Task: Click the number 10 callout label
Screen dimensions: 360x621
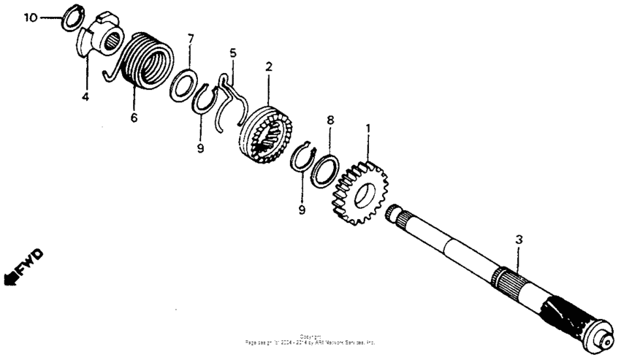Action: [x=28, y=16]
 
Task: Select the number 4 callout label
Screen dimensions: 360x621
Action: [x=85, y=96]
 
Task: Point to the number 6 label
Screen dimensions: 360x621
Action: [x=134, y=118]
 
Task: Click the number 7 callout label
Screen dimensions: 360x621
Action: [x=190, y=37]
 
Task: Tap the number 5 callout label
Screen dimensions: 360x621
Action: [x=233, y=53]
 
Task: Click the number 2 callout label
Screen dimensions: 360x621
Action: [x=269, y=66]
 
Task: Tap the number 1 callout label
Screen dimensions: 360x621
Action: [x=368, y=129]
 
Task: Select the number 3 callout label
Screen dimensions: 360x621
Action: [x=519, y=239]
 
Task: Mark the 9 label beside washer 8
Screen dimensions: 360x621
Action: [x=301, y=210]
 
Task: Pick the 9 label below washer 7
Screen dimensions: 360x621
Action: [x=200, y=148]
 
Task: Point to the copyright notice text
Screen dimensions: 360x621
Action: [x=310, y=340]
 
